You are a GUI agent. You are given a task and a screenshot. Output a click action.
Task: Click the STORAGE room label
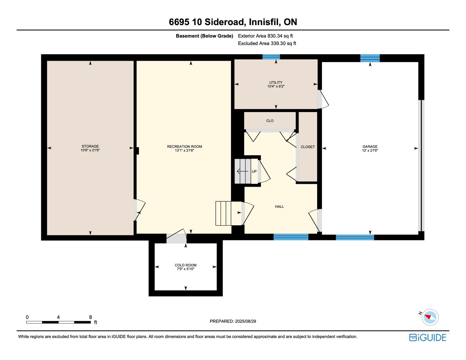point(90,146)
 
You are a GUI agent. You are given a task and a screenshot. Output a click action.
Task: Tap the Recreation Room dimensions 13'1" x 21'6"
point(184,150)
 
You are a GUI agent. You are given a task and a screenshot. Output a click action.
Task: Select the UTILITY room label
point(276,83)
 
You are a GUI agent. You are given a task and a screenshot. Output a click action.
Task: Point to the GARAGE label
point(370,147)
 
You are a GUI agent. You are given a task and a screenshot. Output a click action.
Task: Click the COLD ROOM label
point(186,265)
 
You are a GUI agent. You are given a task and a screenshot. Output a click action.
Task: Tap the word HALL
point(279,207)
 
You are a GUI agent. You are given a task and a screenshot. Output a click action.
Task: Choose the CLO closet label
point(270,121)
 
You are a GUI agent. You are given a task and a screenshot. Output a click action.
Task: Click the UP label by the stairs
point(254,171)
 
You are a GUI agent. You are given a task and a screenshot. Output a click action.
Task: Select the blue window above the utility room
point(271,57)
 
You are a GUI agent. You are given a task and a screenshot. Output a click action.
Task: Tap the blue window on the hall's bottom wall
point(291,237)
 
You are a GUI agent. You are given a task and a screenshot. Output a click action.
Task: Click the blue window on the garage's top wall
point(370,58)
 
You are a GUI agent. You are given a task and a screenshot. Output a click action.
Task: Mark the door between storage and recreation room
point(139,210)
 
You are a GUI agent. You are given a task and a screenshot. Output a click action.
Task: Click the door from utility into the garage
point(323,99)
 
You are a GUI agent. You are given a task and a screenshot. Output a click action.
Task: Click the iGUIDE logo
point(427,337)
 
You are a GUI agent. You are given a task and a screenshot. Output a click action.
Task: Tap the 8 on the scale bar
point(90,317)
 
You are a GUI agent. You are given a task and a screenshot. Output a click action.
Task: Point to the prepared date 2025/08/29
point(245,321)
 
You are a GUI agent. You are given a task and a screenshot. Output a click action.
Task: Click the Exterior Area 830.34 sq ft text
point(265,36)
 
